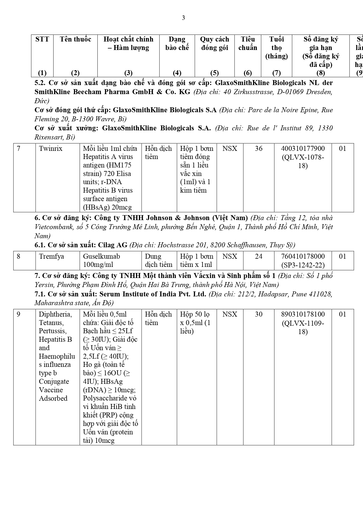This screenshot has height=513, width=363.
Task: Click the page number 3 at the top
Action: coord(183,18)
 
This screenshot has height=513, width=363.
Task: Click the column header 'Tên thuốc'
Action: coord(75,39)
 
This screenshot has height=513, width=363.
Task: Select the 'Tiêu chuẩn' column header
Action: coord(248,44)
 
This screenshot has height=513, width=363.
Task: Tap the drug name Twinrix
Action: coord(51,148)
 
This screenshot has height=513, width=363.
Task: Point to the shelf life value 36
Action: coord(259,148)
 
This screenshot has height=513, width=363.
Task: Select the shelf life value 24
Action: coord(259,256)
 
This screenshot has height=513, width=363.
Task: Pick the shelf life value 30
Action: coord(259,314)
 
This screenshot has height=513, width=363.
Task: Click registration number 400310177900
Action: coord(303,148)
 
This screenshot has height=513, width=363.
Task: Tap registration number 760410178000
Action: coord(303,256)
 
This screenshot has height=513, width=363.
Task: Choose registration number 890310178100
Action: coord(303,314)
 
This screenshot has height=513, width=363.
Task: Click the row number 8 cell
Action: coord(19,256)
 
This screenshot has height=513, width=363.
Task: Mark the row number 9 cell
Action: coord(19,314)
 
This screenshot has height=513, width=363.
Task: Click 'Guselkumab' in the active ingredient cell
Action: coord(101,256)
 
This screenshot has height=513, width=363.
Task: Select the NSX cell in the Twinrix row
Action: coord(230,148)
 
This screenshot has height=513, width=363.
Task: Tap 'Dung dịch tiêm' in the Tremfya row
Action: coord(159,260)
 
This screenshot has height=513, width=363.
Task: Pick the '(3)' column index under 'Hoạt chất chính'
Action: coord(128,73)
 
